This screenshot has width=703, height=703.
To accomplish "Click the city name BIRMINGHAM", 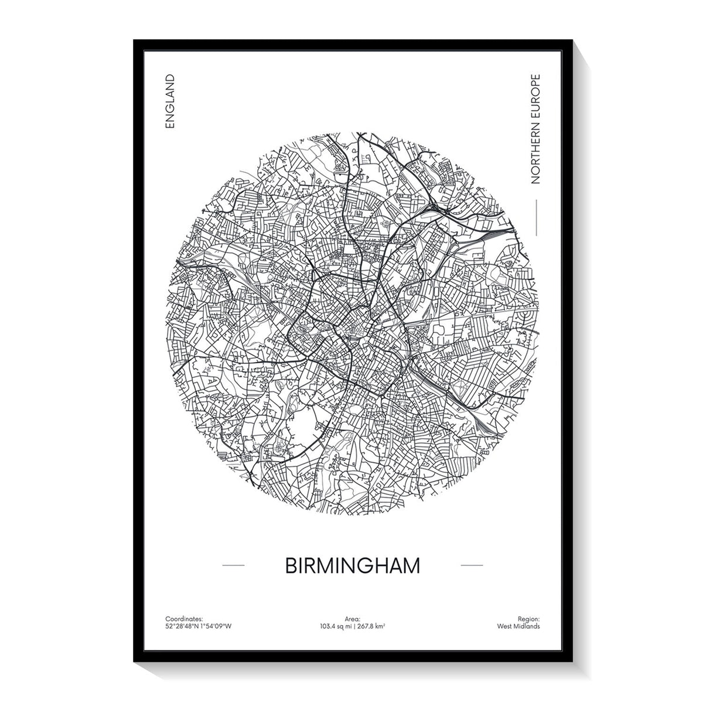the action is pyautogui.click(x=353, y=566).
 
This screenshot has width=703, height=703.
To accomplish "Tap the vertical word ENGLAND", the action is pyautogui.click(x=170, y=102).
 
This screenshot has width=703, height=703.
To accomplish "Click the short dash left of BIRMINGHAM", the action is pyautogui.click(x=234, y=565).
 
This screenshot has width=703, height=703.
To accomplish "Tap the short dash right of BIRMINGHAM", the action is pyautogui.click(x=472, y=565).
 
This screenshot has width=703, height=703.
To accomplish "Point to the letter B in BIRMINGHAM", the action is pyautogui.click(x=290, y=566).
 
